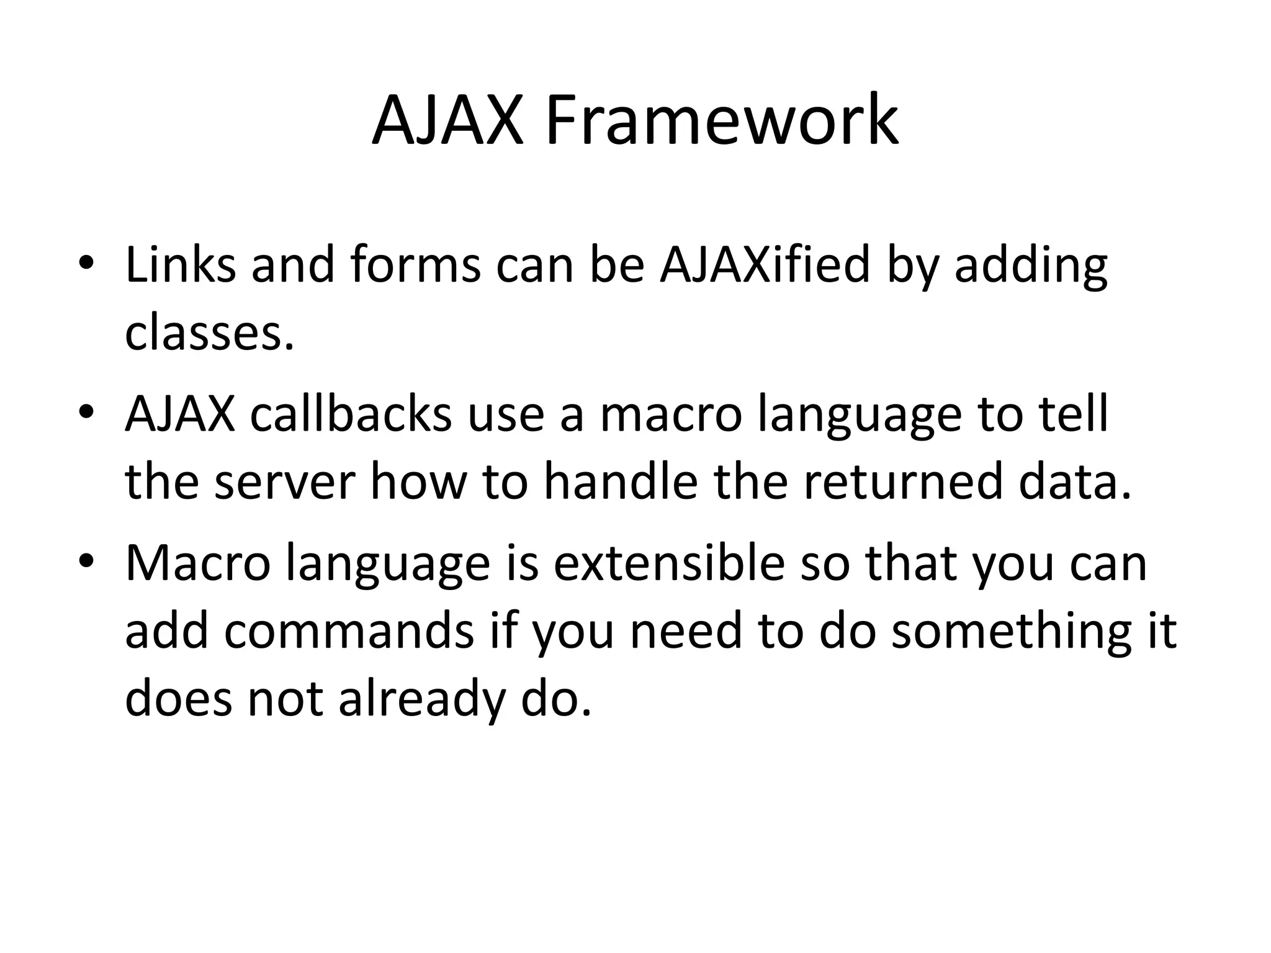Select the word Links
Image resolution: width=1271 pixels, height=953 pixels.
point(180,265)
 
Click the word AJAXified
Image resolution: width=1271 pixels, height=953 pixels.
point(765,265)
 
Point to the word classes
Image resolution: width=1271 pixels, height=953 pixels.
point(209,333)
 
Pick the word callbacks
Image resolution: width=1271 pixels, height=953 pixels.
point(351,414)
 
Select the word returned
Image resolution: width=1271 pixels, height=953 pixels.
point(903,482)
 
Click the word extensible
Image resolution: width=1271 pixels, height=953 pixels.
point(669,563)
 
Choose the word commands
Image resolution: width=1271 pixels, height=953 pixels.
point(349,631)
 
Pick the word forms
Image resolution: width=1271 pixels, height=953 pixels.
point(415,265)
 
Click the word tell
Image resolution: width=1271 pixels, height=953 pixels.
point(1072,414)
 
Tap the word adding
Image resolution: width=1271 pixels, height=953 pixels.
point(1030,265)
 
